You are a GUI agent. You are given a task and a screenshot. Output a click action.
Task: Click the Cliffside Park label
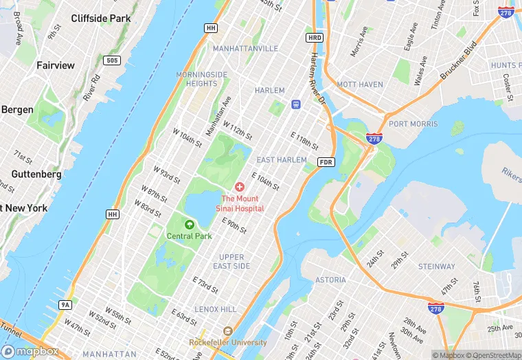[100, 18]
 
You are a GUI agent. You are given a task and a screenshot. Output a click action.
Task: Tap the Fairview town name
[55, 65]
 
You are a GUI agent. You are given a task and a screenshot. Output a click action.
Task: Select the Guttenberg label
[36, 175]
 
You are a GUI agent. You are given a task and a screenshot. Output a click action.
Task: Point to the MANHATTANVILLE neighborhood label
[245, 49]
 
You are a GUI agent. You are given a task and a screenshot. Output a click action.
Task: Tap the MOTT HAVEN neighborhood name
[360, 85]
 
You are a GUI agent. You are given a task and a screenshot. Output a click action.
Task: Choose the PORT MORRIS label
[413, 124]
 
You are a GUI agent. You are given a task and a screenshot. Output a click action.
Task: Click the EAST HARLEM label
[281, 159]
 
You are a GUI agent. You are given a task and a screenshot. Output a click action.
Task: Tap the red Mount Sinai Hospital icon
[240, 187]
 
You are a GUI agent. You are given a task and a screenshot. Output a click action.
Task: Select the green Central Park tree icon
[189, 224]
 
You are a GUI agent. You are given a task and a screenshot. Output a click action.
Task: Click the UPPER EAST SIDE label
[231, 261]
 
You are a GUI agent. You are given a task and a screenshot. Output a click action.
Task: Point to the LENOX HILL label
[215, 309]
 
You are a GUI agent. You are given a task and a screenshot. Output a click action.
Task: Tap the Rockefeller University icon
[228, 331]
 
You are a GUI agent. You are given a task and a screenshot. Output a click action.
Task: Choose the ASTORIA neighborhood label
[330, 280]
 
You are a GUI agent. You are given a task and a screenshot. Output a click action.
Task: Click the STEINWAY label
[437, 266]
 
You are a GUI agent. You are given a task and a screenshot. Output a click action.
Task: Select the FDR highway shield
[326, 162]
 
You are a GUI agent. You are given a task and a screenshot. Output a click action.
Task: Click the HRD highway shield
[315, 38]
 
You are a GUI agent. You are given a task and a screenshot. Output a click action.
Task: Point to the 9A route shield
[65, 304]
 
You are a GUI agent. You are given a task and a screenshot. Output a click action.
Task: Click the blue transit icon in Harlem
[296, 104]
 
